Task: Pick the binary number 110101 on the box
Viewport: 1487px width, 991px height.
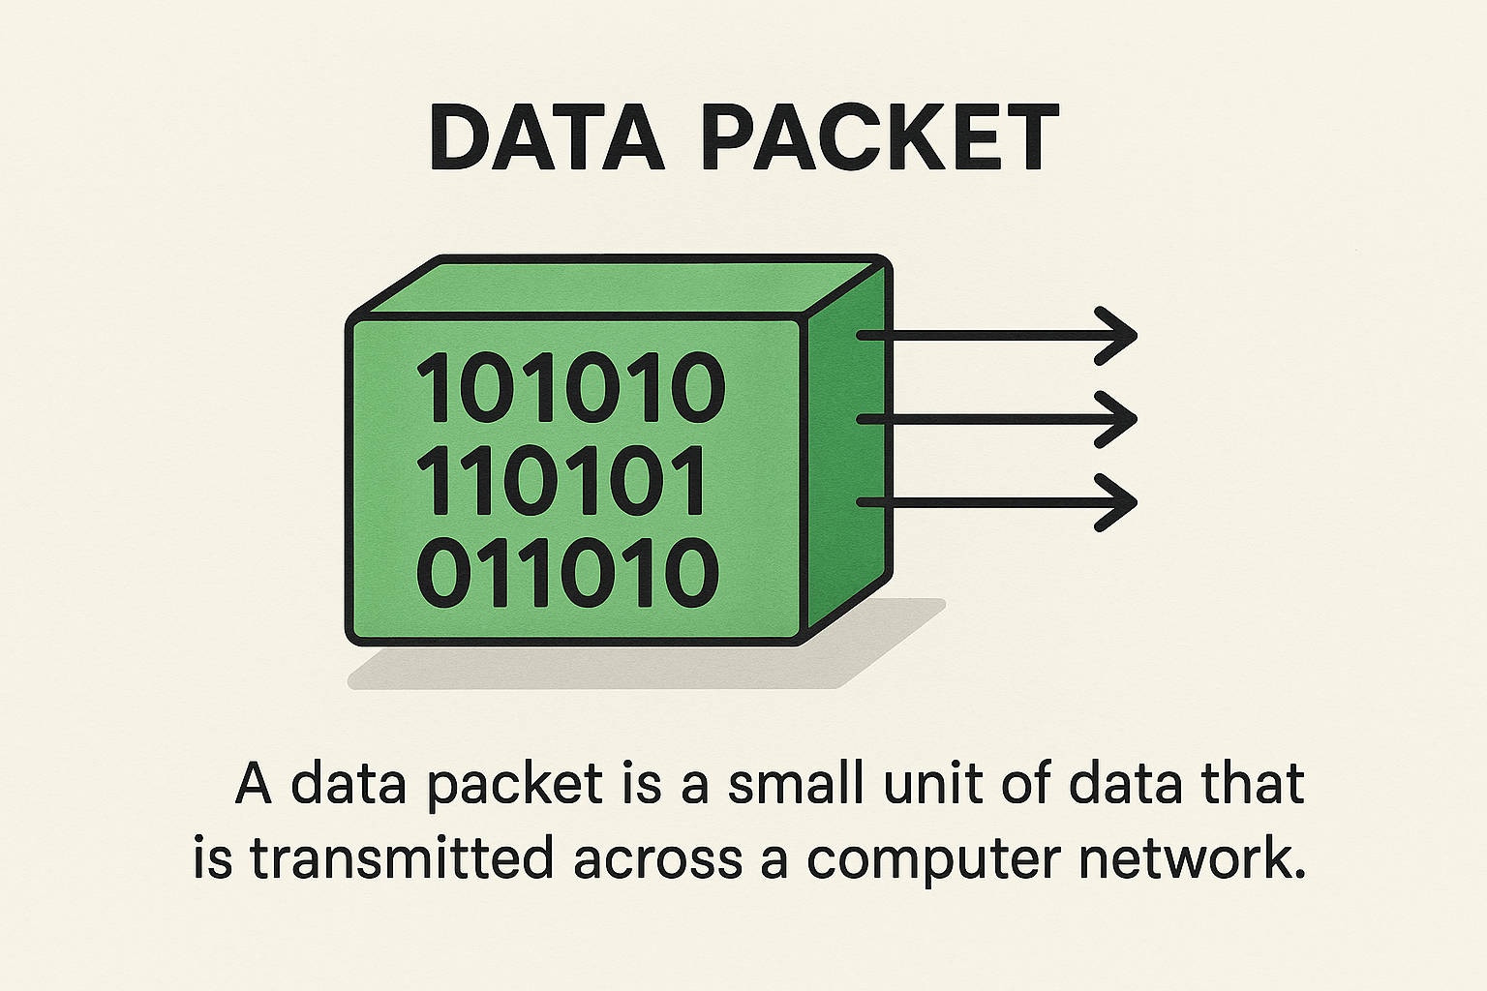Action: pos(561,481)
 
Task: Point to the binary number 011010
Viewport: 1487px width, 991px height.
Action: pos(567,573)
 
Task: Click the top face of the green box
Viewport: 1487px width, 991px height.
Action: pos(620,286)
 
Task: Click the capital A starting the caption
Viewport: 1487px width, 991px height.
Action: pos(254,783)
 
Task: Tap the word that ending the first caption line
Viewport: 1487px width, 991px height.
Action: pos(1253,783)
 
